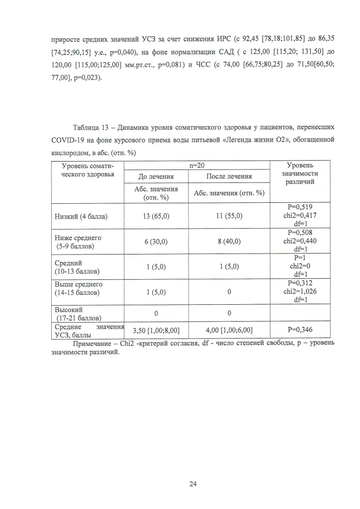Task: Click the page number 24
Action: [x=193, y=485]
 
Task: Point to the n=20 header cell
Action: [x=197, y=166]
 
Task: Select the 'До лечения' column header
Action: [x=156, y=176]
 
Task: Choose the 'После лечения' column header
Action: [x=229, y=176]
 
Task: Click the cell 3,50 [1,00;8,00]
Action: [x=156, y=330]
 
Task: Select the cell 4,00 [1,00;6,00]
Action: [x=229, y=330]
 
